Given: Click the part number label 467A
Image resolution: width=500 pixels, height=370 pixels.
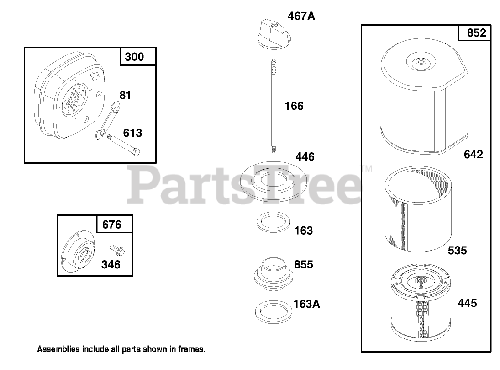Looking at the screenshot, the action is (x=301, y=16).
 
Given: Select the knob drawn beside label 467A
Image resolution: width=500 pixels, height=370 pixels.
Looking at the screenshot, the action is (x=274, y=34).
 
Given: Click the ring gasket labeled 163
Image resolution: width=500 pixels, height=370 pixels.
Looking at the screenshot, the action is (x=273, y=222).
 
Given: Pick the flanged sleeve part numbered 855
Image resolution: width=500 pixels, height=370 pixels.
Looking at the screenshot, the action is (x=273, y=274).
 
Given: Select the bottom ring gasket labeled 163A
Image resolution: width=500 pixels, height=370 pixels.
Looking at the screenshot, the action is (x=273, y=311).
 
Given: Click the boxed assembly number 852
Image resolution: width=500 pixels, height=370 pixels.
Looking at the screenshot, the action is (x=476, y=33).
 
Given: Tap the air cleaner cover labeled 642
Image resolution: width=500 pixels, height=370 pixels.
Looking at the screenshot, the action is (x=424, y=97).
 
